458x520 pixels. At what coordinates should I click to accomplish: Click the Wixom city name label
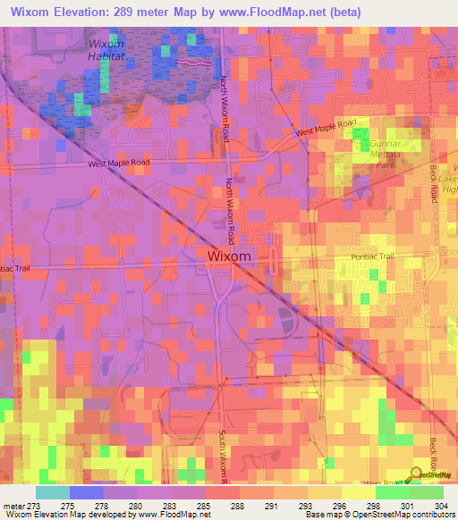pyautogui.click(x=230, y=256)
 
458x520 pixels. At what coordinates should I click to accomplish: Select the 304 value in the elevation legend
pyautogui.click(x=439, y=504)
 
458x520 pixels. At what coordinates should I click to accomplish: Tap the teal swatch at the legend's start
pyautogui.click(x=52, y=492)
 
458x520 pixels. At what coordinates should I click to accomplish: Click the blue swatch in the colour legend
pyautogui.click(x=86, y=492)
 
